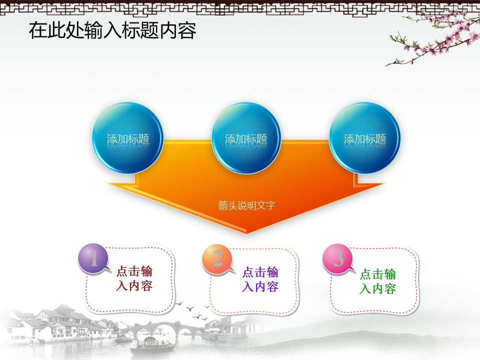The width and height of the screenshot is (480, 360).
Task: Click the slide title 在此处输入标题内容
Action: [112, 30]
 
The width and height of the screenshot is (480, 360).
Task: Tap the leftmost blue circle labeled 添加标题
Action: [127, 138]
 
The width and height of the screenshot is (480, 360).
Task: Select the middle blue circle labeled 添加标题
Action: [246, 138]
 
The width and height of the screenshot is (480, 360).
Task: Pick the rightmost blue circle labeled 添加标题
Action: [364, 138]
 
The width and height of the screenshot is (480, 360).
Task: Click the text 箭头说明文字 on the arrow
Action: [246, 205]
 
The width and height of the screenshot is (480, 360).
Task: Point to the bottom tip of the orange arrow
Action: [246, 233]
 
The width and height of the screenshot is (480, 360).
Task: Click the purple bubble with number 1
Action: [94, 258]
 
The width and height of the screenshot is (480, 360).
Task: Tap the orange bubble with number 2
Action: [217, 259]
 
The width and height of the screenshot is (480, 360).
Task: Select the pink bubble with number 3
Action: [338, 258]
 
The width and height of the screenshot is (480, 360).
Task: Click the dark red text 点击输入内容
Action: [134, 278]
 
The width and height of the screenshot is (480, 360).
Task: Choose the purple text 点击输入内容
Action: [260, 279]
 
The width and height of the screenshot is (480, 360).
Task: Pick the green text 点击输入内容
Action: [378, 281]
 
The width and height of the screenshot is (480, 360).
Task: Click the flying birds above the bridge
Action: [193, 310]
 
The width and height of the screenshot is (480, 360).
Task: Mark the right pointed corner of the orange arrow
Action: [384, 183]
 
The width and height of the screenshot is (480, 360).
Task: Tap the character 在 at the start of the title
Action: [38, 30]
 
